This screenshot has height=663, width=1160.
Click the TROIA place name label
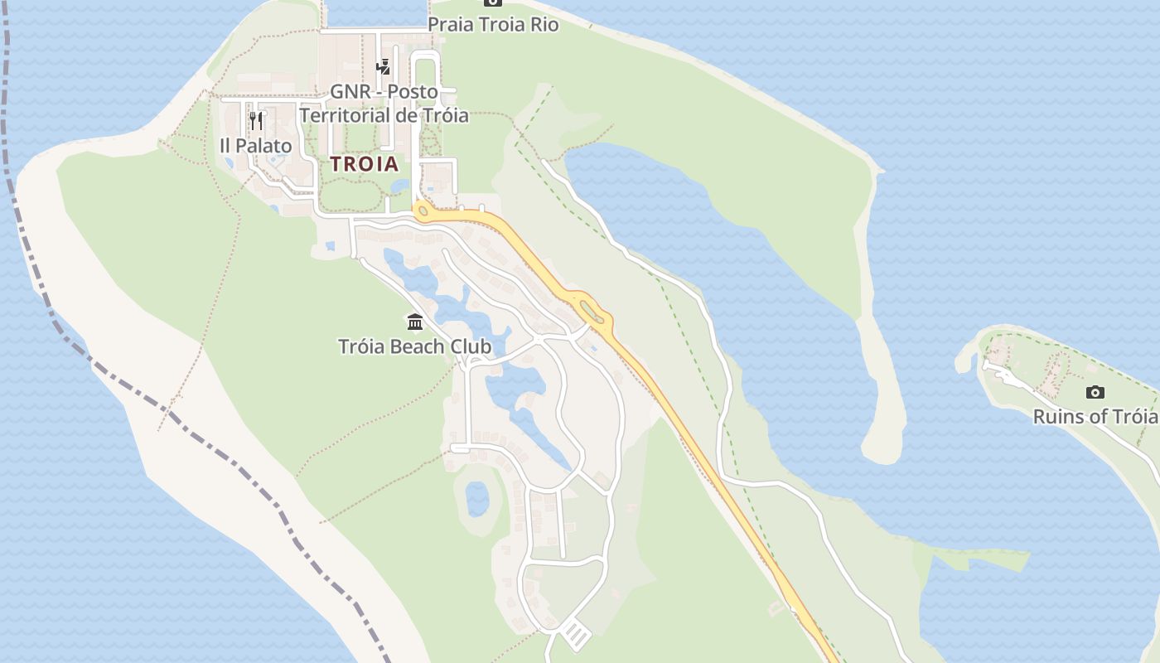[365, 163]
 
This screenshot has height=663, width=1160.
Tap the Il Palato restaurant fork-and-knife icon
[255, 121]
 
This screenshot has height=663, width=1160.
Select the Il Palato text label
[256, 146]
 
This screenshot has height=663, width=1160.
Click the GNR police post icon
[383, 67]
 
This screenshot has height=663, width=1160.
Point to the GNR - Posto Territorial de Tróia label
[384, 104]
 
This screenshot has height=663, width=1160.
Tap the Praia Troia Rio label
[493, 25]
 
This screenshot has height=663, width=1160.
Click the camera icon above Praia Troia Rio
[493, 3]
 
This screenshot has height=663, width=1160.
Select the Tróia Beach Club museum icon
[415, 322]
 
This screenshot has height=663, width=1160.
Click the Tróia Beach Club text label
[414, 346]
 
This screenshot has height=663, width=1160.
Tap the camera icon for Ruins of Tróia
[1095, 392]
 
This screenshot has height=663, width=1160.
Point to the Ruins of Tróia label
[1095, 416]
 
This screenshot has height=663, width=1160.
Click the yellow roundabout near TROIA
[423, 211]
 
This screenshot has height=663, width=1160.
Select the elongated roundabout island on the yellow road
[592, 312]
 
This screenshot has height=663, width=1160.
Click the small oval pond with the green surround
[476, 499]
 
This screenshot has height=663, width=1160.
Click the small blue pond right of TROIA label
[400, 186]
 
